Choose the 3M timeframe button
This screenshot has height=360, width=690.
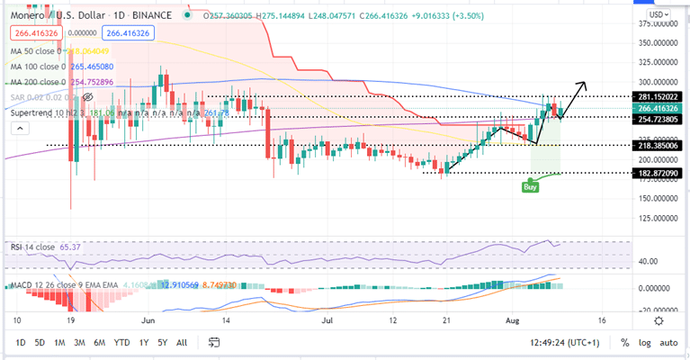coord(79,342)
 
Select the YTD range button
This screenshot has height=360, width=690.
coord(122,342)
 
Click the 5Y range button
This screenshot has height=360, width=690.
coord(163,342)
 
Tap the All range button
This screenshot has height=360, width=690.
coord(182,342)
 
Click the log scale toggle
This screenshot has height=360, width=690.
coord(645,342)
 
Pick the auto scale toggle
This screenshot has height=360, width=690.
coord(668,342)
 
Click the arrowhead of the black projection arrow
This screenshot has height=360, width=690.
coord(585,85)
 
